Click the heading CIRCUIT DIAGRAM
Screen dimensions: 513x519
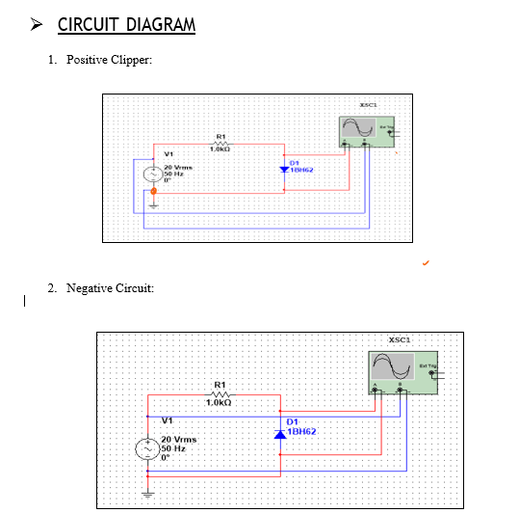coord(126,25)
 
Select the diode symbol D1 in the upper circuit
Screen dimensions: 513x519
coord(284,169)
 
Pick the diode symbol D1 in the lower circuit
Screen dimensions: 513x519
coord(280,434)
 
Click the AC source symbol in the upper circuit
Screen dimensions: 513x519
coord(151,175)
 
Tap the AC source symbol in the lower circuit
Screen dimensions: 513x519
coord(147,450)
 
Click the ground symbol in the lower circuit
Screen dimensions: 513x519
coord(147,493)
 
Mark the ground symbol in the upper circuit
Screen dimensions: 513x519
coord(152,204)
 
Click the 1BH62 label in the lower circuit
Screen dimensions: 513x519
coord(304,432)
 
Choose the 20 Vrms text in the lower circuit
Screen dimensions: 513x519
coord(179,440)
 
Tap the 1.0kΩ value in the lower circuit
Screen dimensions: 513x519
coord(221,402)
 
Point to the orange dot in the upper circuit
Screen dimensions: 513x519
coord(152,192)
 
